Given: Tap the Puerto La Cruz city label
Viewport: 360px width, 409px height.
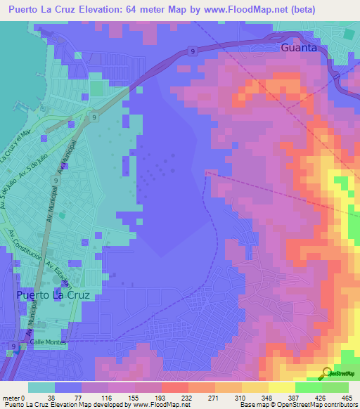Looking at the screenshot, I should pos(53,295).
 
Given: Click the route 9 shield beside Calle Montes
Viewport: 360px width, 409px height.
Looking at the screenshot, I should pos(15,346).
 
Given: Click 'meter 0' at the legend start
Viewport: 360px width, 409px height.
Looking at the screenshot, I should pos(13,398).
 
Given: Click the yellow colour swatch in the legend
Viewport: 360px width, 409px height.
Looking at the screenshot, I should pos(280,387).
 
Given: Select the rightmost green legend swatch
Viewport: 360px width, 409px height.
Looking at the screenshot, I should pos(335,387).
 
